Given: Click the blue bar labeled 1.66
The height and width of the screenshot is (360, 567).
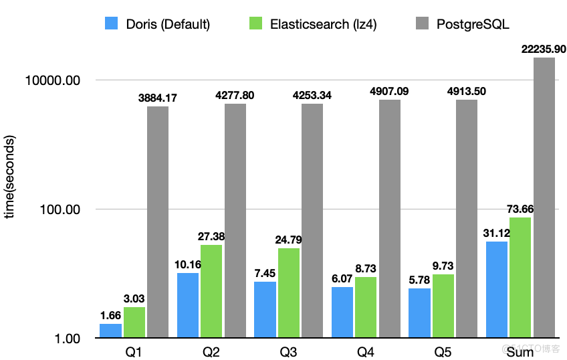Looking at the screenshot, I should coord(110,330).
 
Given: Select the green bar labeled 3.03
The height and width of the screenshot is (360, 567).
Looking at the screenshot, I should coord(134,322).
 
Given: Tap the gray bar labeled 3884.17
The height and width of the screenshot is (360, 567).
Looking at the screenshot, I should coord(158,221).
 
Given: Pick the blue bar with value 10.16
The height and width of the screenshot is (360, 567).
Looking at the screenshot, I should coord(188,304).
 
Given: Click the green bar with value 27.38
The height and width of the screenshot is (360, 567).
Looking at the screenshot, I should coord(211,290).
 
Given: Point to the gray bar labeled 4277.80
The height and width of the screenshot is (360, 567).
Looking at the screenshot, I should coord(235,220).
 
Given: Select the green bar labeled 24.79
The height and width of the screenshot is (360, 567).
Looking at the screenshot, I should coord(289,292).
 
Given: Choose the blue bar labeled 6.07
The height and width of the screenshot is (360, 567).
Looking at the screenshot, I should coord(342,312).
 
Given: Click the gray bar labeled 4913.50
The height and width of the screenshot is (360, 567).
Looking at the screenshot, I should coord(467,218).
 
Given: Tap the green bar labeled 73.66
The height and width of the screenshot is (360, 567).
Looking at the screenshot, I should coord(520,277).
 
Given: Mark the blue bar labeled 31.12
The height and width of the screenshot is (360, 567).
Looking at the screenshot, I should coord(497,289).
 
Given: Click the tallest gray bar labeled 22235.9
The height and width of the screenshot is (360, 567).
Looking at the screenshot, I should coord(544,197).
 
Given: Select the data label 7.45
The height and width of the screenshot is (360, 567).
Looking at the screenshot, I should coord(265,273).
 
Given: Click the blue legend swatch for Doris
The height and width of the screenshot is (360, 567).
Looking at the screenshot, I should coord(112,24).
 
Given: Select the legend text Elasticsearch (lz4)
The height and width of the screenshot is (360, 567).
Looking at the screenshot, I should coord(324,25).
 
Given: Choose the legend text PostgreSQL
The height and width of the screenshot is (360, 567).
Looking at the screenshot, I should coord(473,25).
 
